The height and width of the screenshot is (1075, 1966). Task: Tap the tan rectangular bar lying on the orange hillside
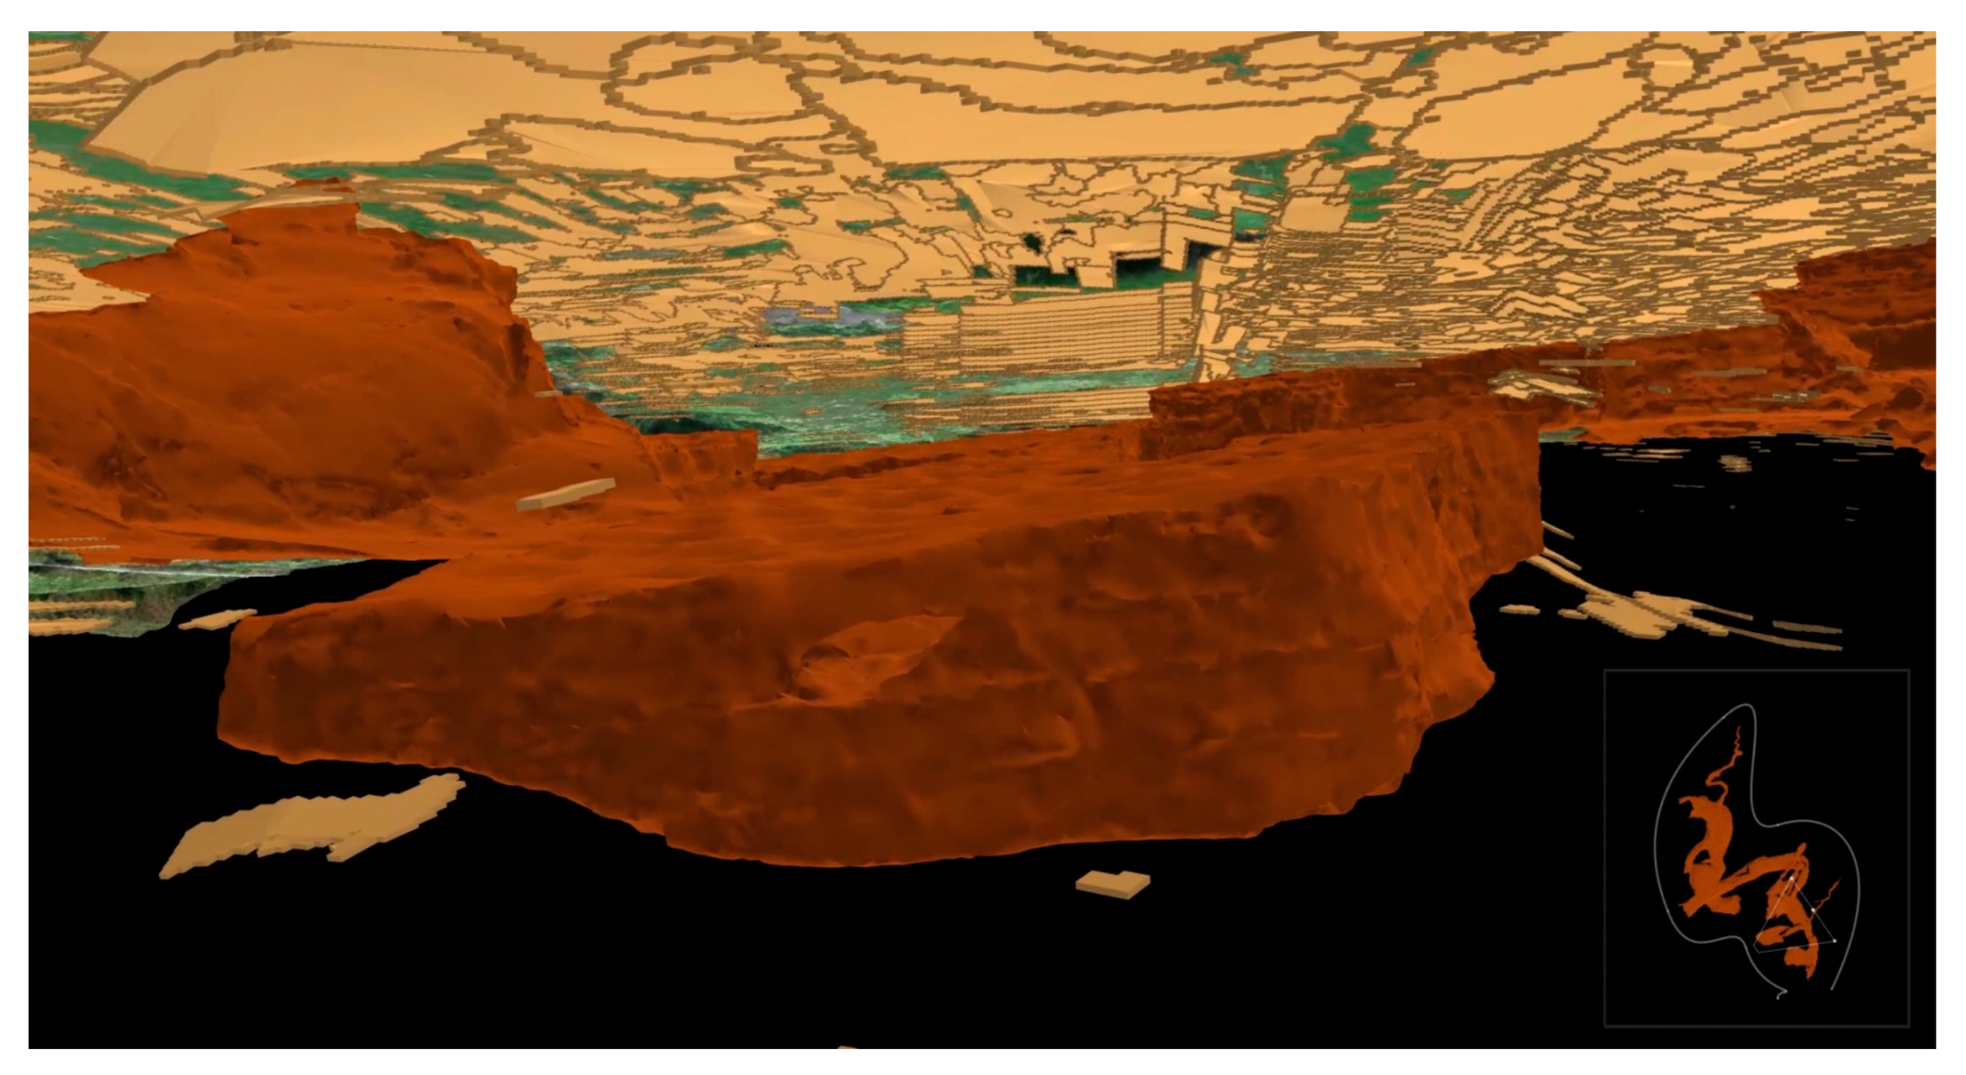tap(565, 494)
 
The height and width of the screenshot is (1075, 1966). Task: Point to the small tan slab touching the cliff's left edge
tap(218, 619)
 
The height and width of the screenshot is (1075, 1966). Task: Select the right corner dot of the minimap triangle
tap(1835, 940)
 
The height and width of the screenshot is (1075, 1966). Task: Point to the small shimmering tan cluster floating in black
tap(1736, 463)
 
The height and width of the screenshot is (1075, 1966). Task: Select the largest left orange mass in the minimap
tap(1710, 863)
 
